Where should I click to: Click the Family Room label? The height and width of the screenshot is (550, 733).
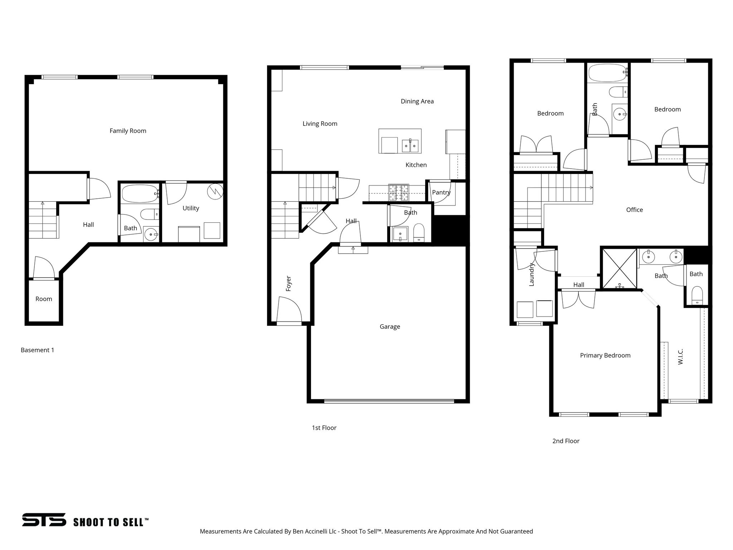128,131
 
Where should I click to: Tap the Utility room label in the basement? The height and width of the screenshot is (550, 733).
190,208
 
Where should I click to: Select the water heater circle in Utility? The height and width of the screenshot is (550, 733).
215,192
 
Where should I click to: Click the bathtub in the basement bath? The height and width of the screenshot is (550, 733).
139,194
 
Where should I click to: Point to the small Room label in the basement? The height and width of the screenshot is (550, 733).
44,299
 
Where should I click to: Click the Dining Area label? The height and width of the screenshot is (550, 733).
417,101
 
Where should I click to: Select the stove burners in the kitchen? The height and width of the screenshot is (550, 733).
399,192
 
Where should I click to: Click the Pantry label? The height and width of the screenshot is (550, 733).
441,192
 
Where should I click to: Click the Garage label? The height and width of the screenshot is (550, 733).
390,327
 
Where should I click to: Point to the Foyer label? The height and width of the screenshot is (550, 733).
288,283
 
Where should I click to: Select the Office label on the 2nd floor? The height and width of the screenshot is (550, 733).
634,210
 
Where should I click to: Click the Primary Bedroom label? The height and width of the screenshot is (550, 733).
605,355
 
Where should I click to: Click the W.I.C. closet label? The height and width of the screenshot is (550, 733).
680,357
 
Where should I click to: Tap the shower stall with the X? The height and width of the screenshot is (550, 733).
620,269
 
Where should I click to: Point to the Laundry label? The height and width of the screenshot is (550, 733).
531,275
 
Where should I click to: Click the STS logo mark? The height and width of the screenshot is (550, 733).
44,520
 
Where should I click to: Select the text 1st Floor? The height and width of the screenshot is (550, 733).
324,428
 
